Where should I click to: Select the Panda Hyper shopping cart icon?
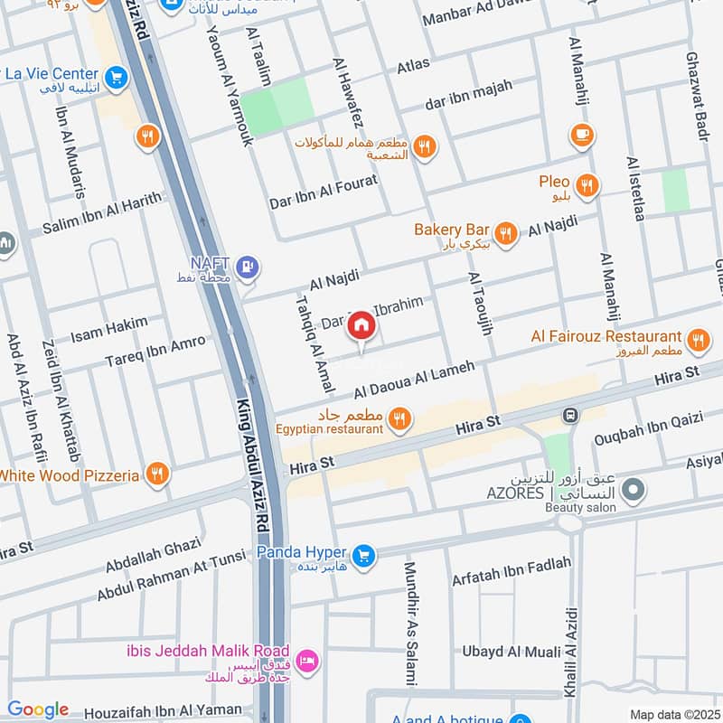pos(364,554)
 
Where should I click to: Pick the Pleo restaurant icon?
pos(587,186)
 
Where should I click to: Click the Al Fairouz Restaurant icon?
pos(697,341)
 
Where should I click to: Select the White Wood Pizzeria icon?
pos(157,474)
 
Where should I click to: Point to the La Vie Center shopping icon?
pos(115,79)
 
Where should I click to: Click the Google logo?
pos(38,709)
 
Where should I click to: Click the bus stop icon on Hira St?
pos(570,416)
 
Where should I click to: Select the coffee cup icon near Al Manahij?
pos(582,136)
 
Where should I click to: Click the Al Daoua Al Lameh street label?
pos(414,380)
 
